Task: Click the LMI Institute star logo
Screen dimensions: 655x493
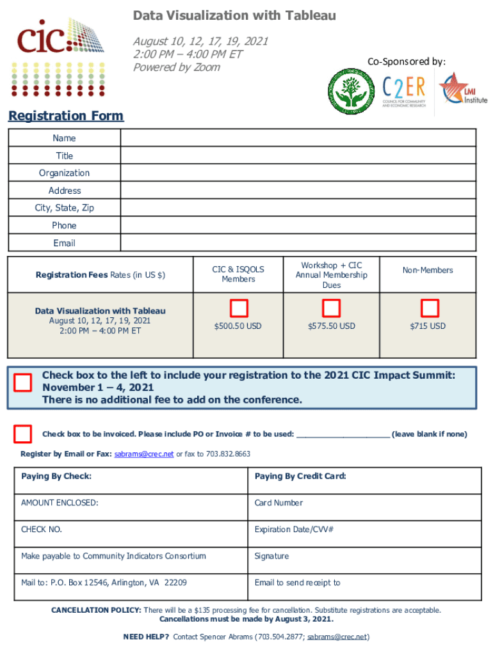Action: (462, 91)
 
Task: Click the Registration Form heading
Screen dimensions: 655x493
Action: (66, 116)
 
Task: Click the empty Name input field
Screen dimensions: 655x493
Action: (298, 138)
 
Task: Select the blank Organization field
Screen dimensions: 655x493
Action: (298, 173)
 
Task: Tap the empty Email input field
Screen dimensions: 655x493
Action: (298, 243)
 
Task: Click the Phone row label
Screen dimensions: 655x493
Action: (64, 226)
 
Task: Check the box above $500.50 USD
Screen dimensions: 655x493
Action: (239, 309)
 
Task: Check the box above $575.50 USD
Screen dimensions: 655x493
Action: (331, 309)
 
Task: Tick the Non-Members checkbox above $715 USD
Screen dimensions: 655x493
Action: (429, 309)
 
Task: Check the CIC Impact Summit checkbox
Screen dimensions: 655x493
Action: (23, 383)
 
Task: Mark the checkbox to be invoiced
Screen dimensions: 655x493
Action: (23, 434)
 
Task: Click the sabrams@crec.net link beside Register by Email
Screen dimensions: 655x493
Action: (144, 454)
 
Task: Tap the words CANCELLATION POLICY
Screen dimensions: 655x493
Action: (96, 611)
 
